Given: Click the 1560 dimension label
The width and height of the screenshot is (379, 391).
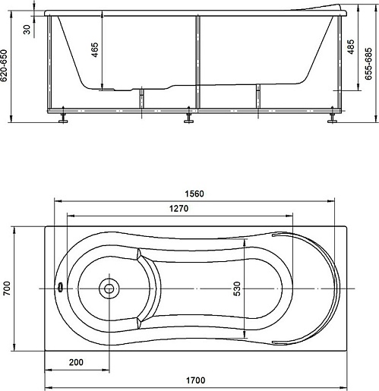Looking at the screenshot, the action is click(194, 194).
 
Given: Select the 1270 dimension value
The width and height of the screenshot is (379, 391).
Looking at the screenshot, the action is click(178, 209).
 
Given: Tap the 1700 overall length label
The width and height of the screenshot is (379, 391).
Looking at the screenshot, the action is click(195, 380).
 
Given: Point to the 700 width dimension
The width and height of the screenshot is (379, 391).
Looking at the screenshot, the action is click(7, 288).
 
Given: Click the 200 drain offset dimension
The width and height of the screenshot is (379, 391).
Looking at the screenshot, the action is click(76, 362).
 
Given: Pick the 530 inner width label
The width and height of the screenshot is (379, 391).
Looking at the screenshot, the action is click(237, 289).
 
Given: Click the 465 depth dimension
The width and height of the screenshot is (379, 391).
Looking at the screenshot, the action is click(95, 49).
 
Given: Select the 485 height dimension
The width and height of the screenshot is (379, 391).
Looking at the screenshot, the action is click(351, 46).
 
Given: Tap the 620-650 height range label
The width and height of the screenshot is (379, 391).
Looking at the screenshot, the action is click(5, 65).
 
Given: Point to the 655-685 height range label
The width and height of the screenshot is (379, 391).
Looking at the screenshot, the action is click(368, 64).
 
